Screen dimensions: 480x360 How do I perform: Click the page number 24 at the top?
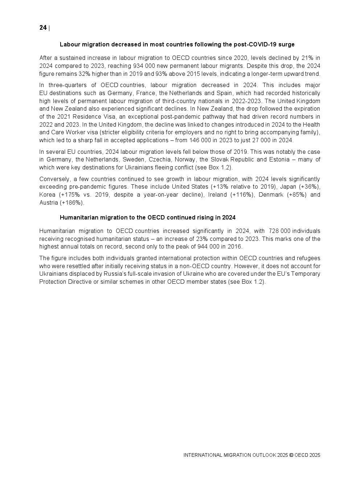point(43,28)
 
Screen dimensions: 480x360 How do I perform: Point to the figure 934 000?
point(147,66)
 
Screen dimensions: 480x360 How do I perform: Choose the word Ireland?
point(217,195)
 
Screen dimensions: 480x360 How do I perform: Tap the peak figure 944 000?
point(208,247)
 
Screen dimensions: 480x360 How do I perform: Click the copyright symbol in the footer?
point(291,455)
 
